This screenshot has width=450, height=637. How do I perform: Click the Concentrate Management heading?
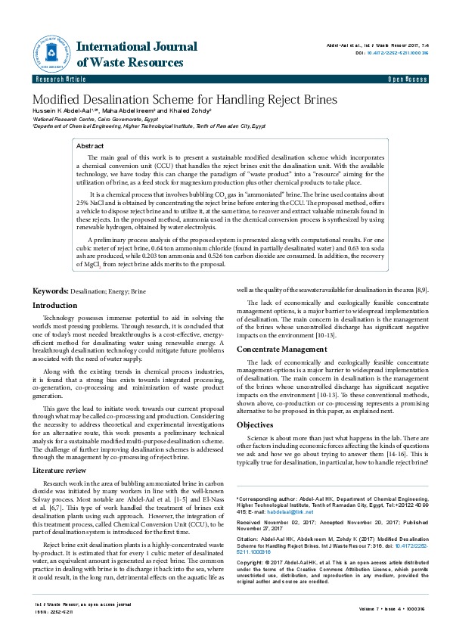click(x=284, y=349)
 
